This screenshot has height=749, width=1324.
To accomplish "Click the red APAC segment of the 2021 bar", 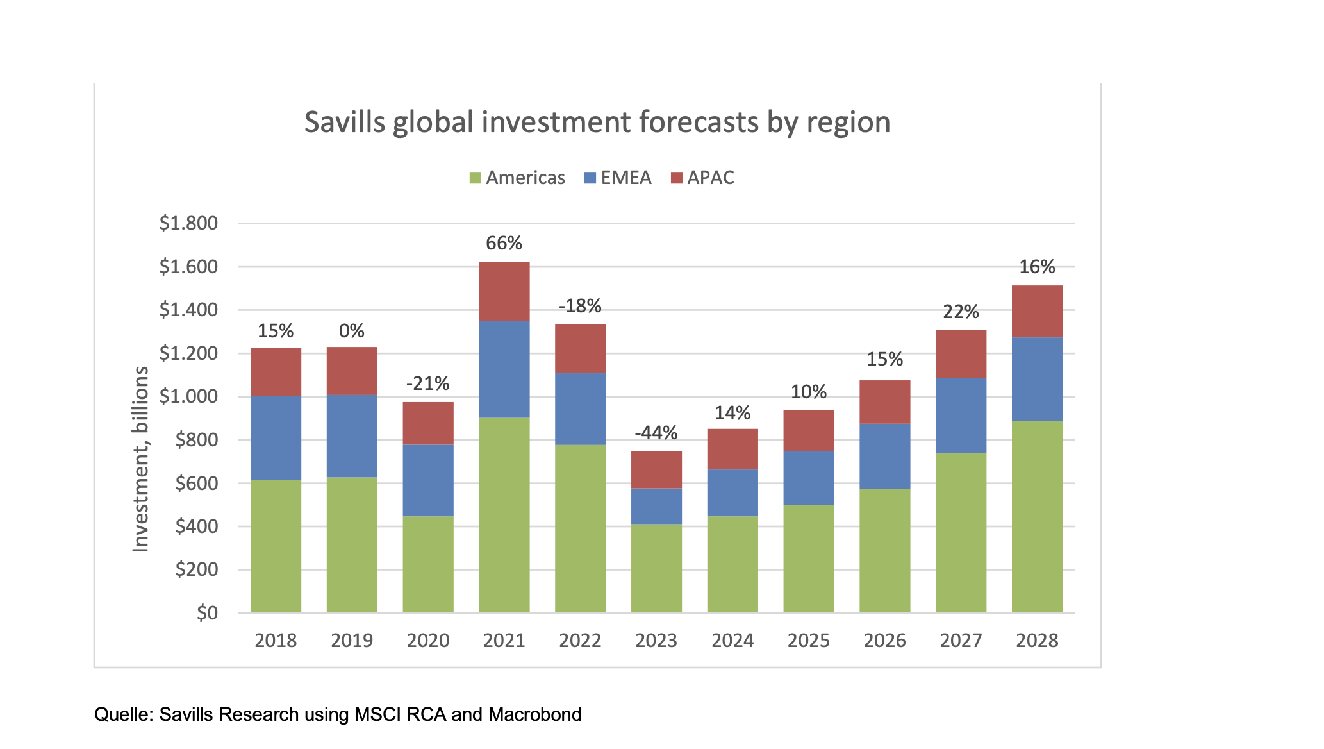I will coord(504,291).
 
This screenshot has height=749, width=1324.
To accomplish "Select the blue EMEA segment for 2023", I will coord(656,506).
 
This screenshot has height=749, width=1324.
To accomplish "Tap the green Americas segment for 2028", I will coord(1037,516).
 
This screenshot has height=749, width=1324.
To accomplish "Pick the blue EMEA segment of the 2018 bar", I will coord(276,437).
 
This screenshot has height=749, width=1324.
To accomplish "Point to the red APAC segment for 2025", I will coord(809,430).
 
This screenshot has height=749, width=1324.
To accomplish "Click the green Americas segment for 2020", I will coord(428,564).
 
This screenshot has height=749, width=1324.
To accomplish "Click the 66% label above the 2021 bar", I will coord(504,243).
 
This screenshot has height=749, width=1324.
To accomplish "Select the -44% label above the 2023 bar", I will coord(656,433).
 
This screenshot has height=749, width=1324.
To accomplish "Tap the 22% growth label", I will coord(961,312).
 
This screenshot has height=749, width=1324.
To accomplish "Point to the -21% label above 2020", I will coord(428,383).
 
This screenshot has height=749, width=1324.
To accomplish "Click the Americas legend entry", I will coord(517,178).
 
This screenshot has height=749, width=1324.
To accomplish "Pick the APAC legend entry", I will coord(702,178).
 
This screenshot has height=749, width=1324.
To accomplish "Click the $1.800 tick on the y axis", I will coord(188,223).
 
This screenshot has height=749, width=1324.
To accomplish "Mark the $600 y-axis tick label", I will coord(197,483).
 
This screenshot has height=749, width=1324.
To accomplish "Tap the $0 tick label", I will coord(207,613).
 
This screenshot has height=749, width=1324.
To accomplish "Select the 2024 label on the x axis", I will coord(732,641).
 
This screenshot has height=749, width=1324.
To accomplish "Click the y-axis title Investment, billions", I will coord(140,459).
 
